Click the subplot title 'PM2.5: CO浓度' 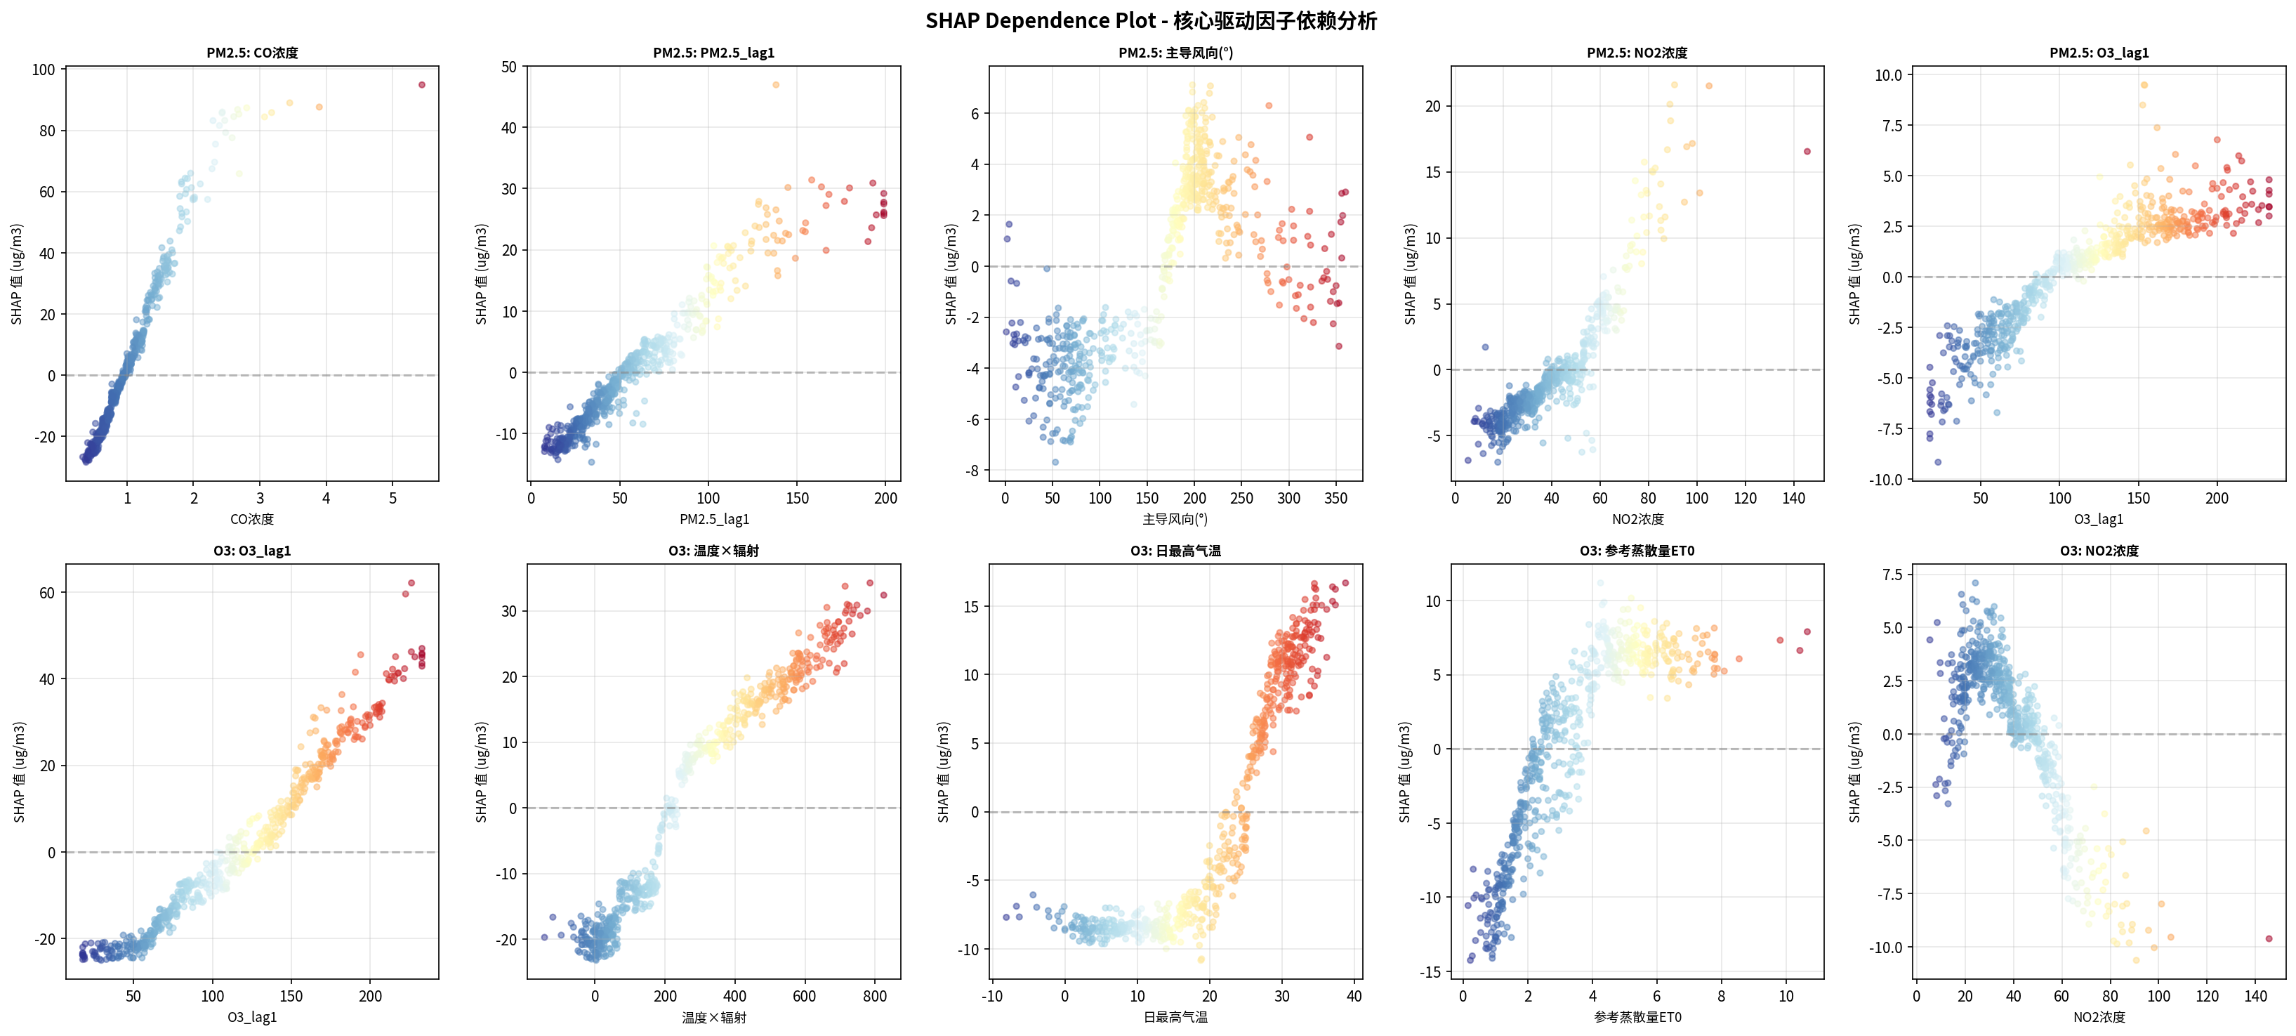[x=252, y=53]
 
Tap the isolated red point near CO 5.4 [x=421, y=85]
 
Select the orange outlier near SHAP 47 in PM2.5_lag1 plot [x=775, y=85]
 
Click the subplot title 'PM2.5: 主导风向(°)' [x=1175, y=53]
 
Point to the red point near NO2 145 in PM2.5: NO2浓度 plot [x=1807, y=152]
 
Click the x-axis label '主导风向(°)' [x=1175, y=519]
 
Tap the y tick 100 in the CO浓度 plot [x=44, y=70]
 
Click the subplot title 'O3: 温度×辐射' [x=713, y=551]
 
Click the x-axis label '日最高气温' [x=1175, y=1017]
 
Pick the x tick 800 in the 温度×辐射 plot [x=874, y=997]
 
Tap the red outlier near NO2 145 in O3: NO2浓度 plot [x=2269, y=939]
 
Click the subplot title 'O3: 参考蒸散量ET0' [x=1637, y=551]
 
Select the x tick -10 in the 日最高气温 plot [x=991, y=997]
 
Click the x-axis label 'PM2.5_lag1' [x=714, y=519]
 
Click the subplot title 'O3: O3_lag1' [x=252, y=551]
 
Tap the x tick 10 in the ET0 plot [x=1786, y=997]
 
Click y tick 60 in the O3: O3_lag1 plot [x=46, y=593]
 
